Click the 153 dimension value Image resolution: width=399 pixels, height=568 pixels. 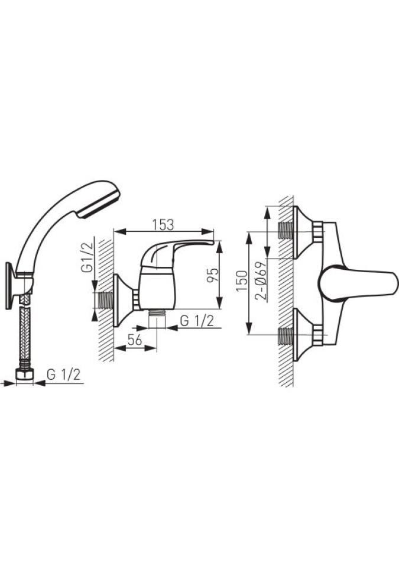[163, 225]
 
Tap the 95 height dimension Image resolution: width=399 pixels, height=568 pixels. [213, 275]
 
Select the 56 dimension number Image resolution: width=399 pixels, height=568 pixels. [134, 340]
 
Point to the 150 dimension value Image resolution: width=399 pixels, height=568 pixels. [242, 280]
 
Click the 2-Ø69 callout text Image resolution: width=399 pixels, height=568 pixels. [261, 280]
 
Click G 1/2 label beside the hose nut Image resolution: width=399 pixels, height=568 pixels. [64, 375]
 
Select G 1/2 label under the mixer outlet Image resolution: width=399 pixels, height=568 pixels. [197, 321]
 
